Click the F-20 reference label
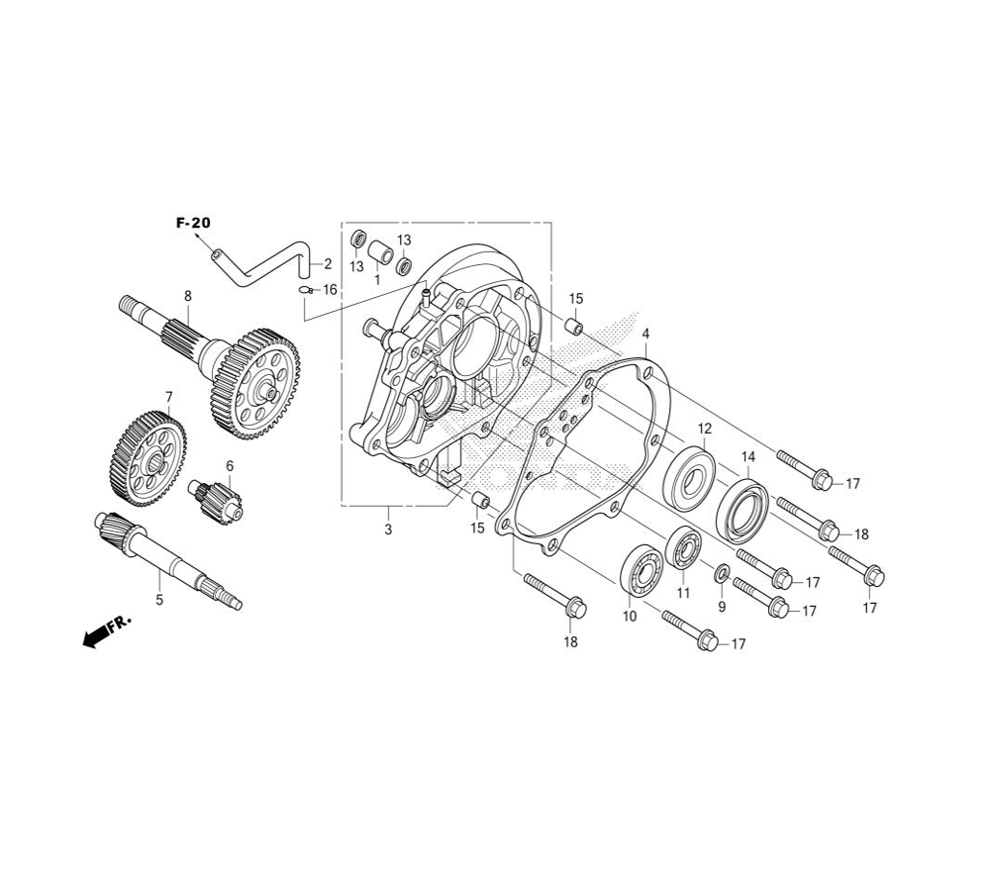point(193,223)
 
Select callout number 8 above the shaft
point(187,296)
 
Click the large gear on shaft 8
point(255,383)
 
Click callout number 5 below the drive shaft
point(159,600)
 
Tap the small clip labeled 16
point(306,290)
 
